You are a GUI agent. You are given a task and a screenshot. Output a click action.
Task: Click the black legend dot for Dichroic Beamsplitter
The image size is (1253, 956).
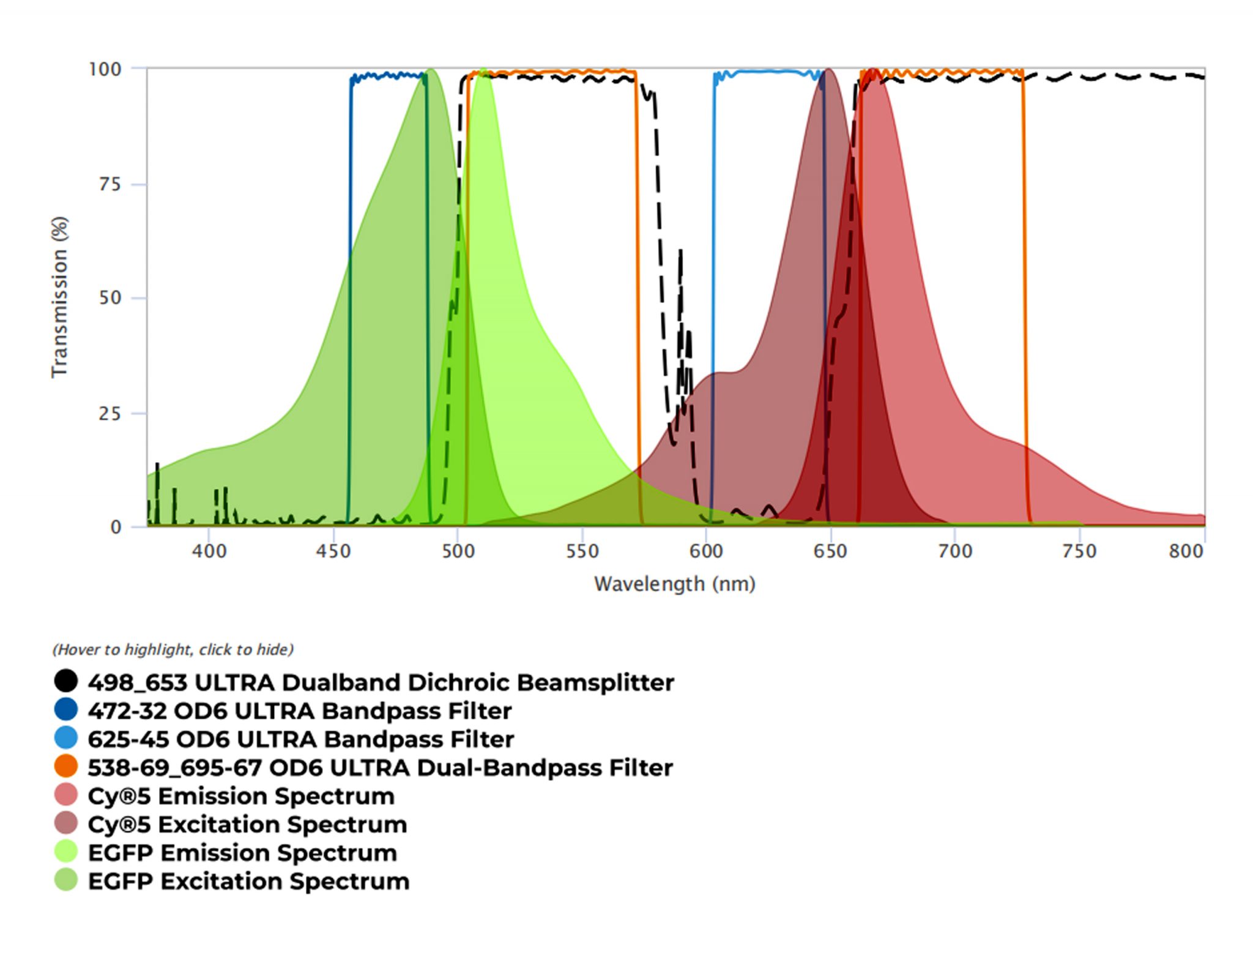point(66,681)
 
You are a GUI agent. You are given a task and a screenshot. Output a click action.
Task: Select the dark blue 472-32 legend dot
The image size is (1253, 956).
point(66,709)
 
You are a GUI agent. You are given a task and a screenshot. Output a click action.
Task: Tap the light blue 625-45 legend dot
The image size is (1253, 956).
point(66,738)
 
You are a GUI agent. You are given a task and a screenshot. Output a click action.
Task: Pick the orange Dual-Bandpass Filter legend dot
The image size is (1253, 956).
point(66,766)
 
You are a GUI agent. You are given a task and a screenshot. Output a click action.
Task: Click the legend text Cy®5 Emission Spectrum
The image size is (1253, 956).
point(241,796)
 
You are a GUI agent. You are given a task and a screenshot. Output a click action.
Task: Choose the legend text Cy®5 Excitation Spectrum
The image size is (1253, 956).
point(247,824)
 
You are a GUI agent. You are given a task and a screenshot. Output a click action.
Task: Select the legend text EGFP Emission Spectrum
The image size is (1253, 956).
point(242,853)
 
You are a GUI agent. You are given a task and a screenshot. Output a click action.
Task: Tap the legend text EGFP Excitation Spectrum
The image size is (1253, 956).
point(248,881)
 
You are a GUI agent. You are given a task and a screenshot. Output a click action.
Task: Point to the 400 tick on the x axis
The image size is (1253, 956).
point(209,551)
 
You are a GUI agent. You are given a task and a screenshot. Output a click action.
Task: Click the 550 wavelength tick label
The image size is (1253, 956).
point(582,551)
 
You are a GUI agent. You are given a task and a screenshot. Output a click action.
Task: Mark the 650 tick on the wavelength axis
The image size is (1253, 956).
point(830,551)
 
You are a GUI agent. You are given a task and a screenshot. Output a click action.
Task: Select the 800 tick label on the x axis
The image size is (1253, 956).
point(1186,551)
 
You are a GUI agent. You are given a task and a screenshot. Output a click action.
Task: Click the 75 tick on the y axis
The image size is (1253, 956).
point(110,184)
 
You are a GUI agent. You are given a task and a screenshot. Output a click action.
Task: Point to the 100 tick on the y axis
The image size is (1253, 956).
point(105,69)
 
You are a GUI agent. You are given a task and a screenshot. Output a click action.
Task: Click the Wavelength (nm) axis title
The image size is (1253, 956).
point(675,584)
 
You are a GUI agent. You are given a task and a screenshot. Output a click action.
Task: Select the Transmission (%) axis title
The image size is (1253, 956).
point(59,297)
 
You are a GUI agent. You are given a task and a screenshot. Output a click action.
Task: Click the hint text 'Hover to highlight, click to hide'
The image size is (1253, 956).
point(173,649)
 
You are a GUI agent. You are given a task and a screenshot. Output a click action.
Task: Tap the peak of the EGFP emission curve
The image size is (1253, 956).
point(483,70)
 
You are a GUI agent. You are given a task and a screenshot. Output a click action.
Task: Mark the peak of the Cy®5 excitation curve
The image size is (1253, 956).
point(828,70)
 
